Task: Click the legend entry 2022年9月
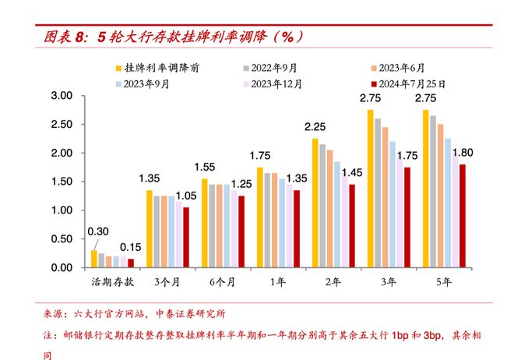tap(277, 69)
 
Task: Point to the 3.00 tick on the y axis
tap(61, 96)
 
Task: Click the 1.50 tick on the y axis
tap(61, 182)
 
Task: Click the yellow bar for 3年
tap(371, 189)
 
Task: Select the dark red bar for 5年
tap(462, 216)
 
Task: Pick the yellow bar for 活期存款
tap(94, 259)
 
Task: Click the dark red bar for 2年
tap(351, 226)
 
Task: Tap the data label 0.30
tap(97, 231)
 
